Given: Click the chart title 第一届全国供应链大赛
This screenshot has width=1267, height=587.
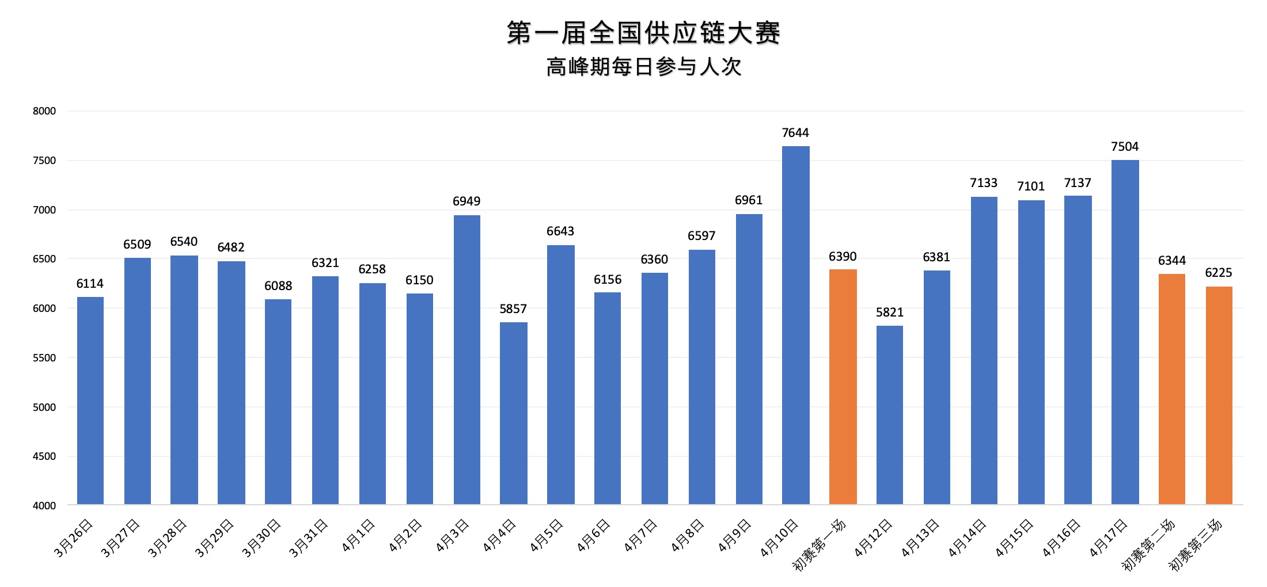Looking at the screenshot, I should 643,32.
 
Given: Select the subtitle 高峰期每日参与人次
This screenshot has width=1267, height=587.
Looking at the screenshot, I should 643,67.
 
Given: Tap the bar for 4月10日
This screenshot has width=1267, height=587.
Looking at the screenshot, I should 795,325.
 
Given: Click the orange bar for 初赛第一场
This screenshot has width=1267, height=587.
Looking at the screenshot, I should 843,387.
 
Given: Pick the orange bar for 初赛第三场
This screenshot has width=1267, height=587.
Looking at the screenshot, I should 1219,395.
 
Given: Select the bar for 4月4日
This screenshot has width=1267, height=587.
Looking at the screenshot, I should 513,413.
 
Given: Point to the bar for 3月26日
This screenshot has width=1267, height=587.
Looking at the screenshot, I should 90,401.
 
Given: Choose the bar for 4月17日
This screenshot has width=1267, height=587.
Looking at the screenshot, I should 1125,332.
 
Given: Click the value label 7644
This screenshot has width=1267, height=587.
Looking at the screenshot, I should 795,133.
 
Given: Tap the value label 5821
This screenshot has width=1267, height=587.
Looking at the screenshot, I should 890,312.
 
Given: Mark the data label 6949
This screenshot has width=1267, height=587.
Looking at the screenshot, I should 466,201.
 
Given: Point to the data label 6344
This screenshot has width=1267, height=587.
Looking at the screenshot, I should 1172,261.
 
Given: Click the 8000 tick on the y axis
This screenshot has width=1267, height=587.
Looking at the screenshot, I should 44,111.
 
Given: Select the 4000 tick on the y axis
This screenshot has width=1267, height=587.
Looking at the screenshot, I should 44,506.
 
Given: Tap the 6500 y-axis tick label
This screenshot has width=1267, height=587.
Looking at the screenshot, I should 44,259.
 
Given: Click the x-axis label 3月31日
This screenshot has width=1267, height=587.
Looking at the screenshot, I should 309,538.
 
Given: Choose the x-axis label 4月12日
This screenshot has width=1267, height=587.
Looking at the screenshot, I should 874,538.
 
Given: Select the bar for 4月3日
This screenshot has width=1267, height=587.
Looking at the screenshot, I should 466,360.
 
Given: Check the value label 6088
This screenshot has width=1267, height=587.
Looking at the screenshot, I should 278,286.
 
